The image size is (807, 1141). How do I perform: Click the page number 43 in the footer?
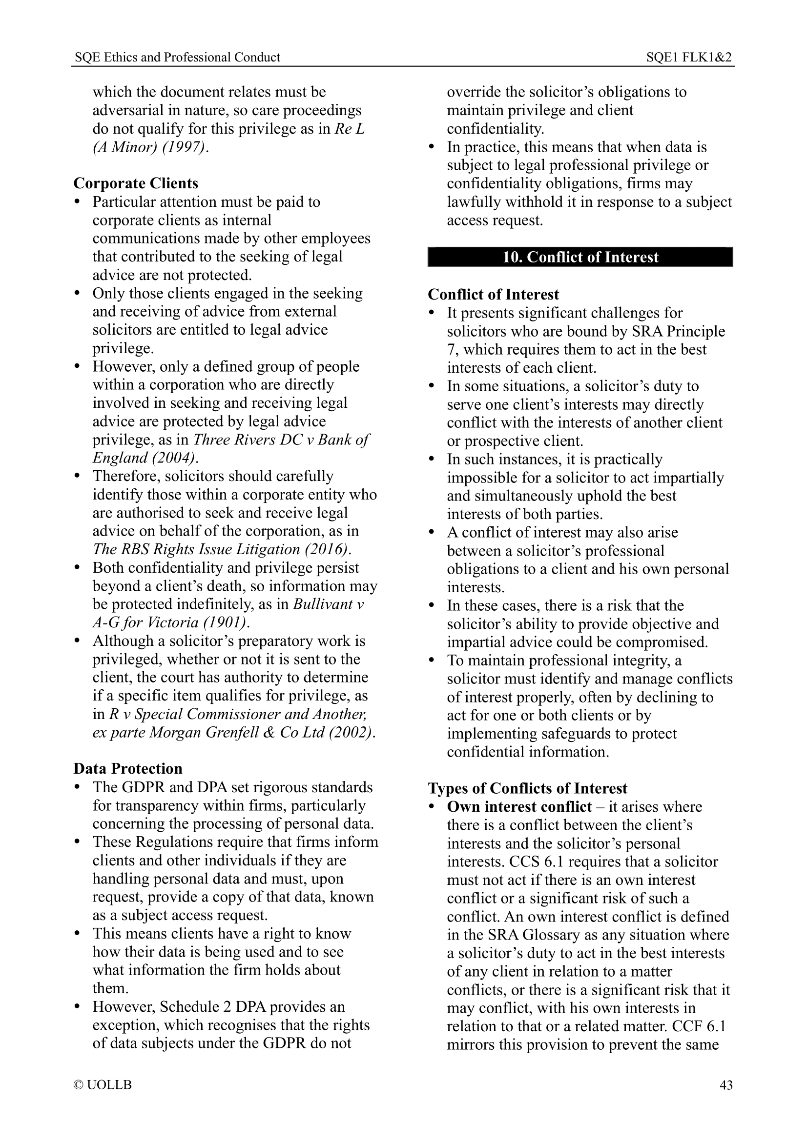pyautogui.click(x=725, y=1084)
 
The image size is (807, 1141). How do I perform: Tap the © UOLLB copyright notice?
pyautogui.click(x=103, y=1084)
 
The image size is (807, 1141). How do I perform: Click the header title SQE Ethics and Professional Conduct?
pyautogui.click(x=178, y=57)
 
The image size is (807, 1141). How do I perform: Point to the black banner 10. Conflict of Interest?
pyautogui.click(x=580, y=257)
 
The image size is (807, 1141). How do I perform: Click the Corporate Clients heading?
pyautogui.click(x=136, y=183)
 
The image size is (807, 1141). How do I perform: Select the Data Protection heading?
pyautogui.click(x=128, y=768)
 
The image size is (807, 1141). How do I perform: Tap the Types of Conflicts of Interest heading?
pyautogui.click(x=528, y=788)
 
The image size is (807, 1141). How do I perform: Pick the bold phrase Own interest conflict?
pyautogui.click(x=519, y=806)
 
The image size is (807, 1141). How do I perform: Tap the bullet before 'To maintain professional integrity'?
pyautogui.click(x=432, y=661)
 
